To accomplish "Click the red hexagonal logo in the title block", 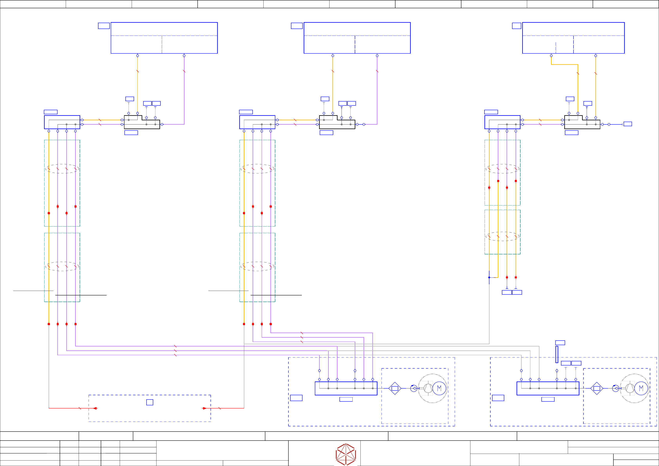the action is [346, 454].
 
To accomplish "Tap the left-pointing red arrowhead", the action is [95, 408].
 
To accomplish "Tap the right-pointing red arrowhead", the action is [204, 408].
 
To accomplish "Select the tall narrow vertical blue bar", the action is [557, 354].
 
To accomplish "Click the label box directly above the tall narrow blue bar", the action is [560, 343].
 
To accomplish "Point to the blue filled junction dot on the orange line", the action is [489, 277].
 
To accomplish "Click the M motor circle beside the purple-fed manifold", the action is [439, 388].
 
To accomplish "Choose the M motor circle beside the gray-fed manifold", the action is [641, 388].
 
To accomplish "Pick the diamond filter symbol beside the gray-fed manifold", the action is [597, 388].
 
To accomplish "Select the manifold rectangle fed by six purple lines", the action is [346, 388].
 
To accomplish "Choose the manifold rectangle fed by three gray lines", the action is [548, 388].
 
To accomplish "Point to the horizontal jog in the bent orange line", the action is [564, 65].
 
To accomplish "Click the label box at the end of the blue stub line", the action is [628, 124].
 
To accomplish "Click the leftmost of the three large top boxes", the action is [164, 38].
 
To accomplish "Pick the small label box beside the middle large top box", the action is [297, 26].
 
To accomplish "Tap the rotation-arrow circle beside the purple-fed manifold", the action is [414, 388].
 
